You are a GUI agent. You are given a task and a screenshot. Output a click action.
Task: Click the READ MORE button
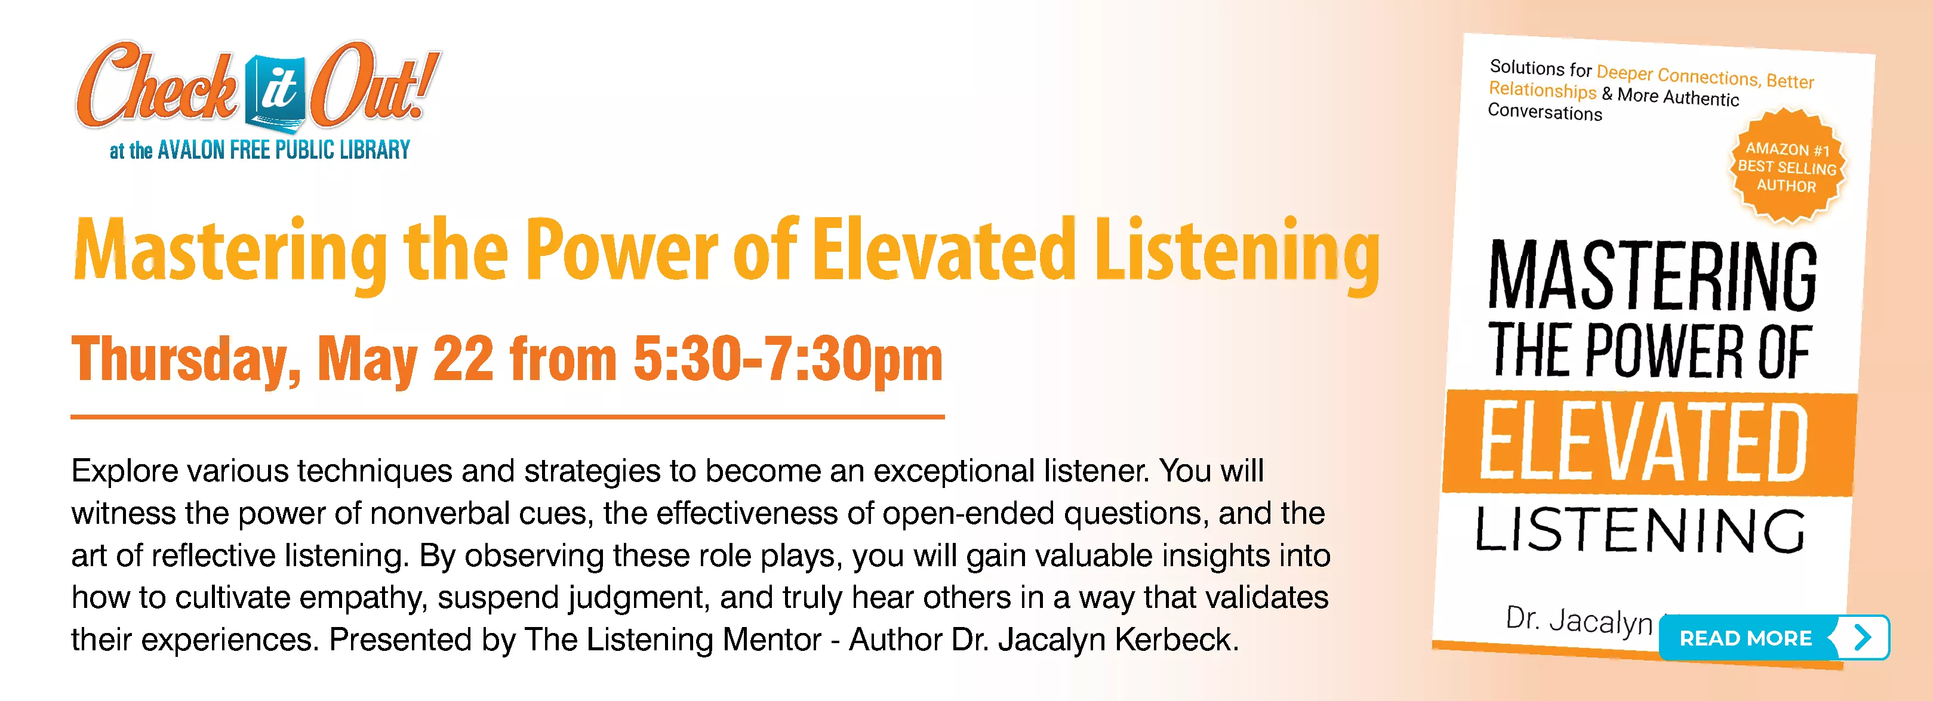pos(1774,637)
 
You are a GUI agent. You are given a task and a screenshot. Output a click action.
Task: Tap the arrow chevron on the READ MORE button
pos(1863,637)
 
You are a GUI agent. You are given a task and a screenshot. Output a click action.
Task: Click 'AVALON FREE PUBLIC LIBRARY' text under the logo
pos(284,150)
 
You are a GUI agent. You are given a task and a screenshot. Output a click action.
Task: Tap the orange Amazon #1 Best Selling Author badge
pos(1787,166)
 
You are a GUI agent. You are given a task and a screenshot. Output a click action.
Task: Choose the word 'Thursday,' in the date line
pos(186,360)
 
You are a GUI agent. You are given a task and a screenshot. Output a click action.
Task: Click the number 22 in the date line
pos(463,359)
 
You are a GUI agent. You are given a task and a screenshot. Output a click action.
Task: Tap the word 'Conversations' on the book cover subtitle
pos(1544,112)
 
